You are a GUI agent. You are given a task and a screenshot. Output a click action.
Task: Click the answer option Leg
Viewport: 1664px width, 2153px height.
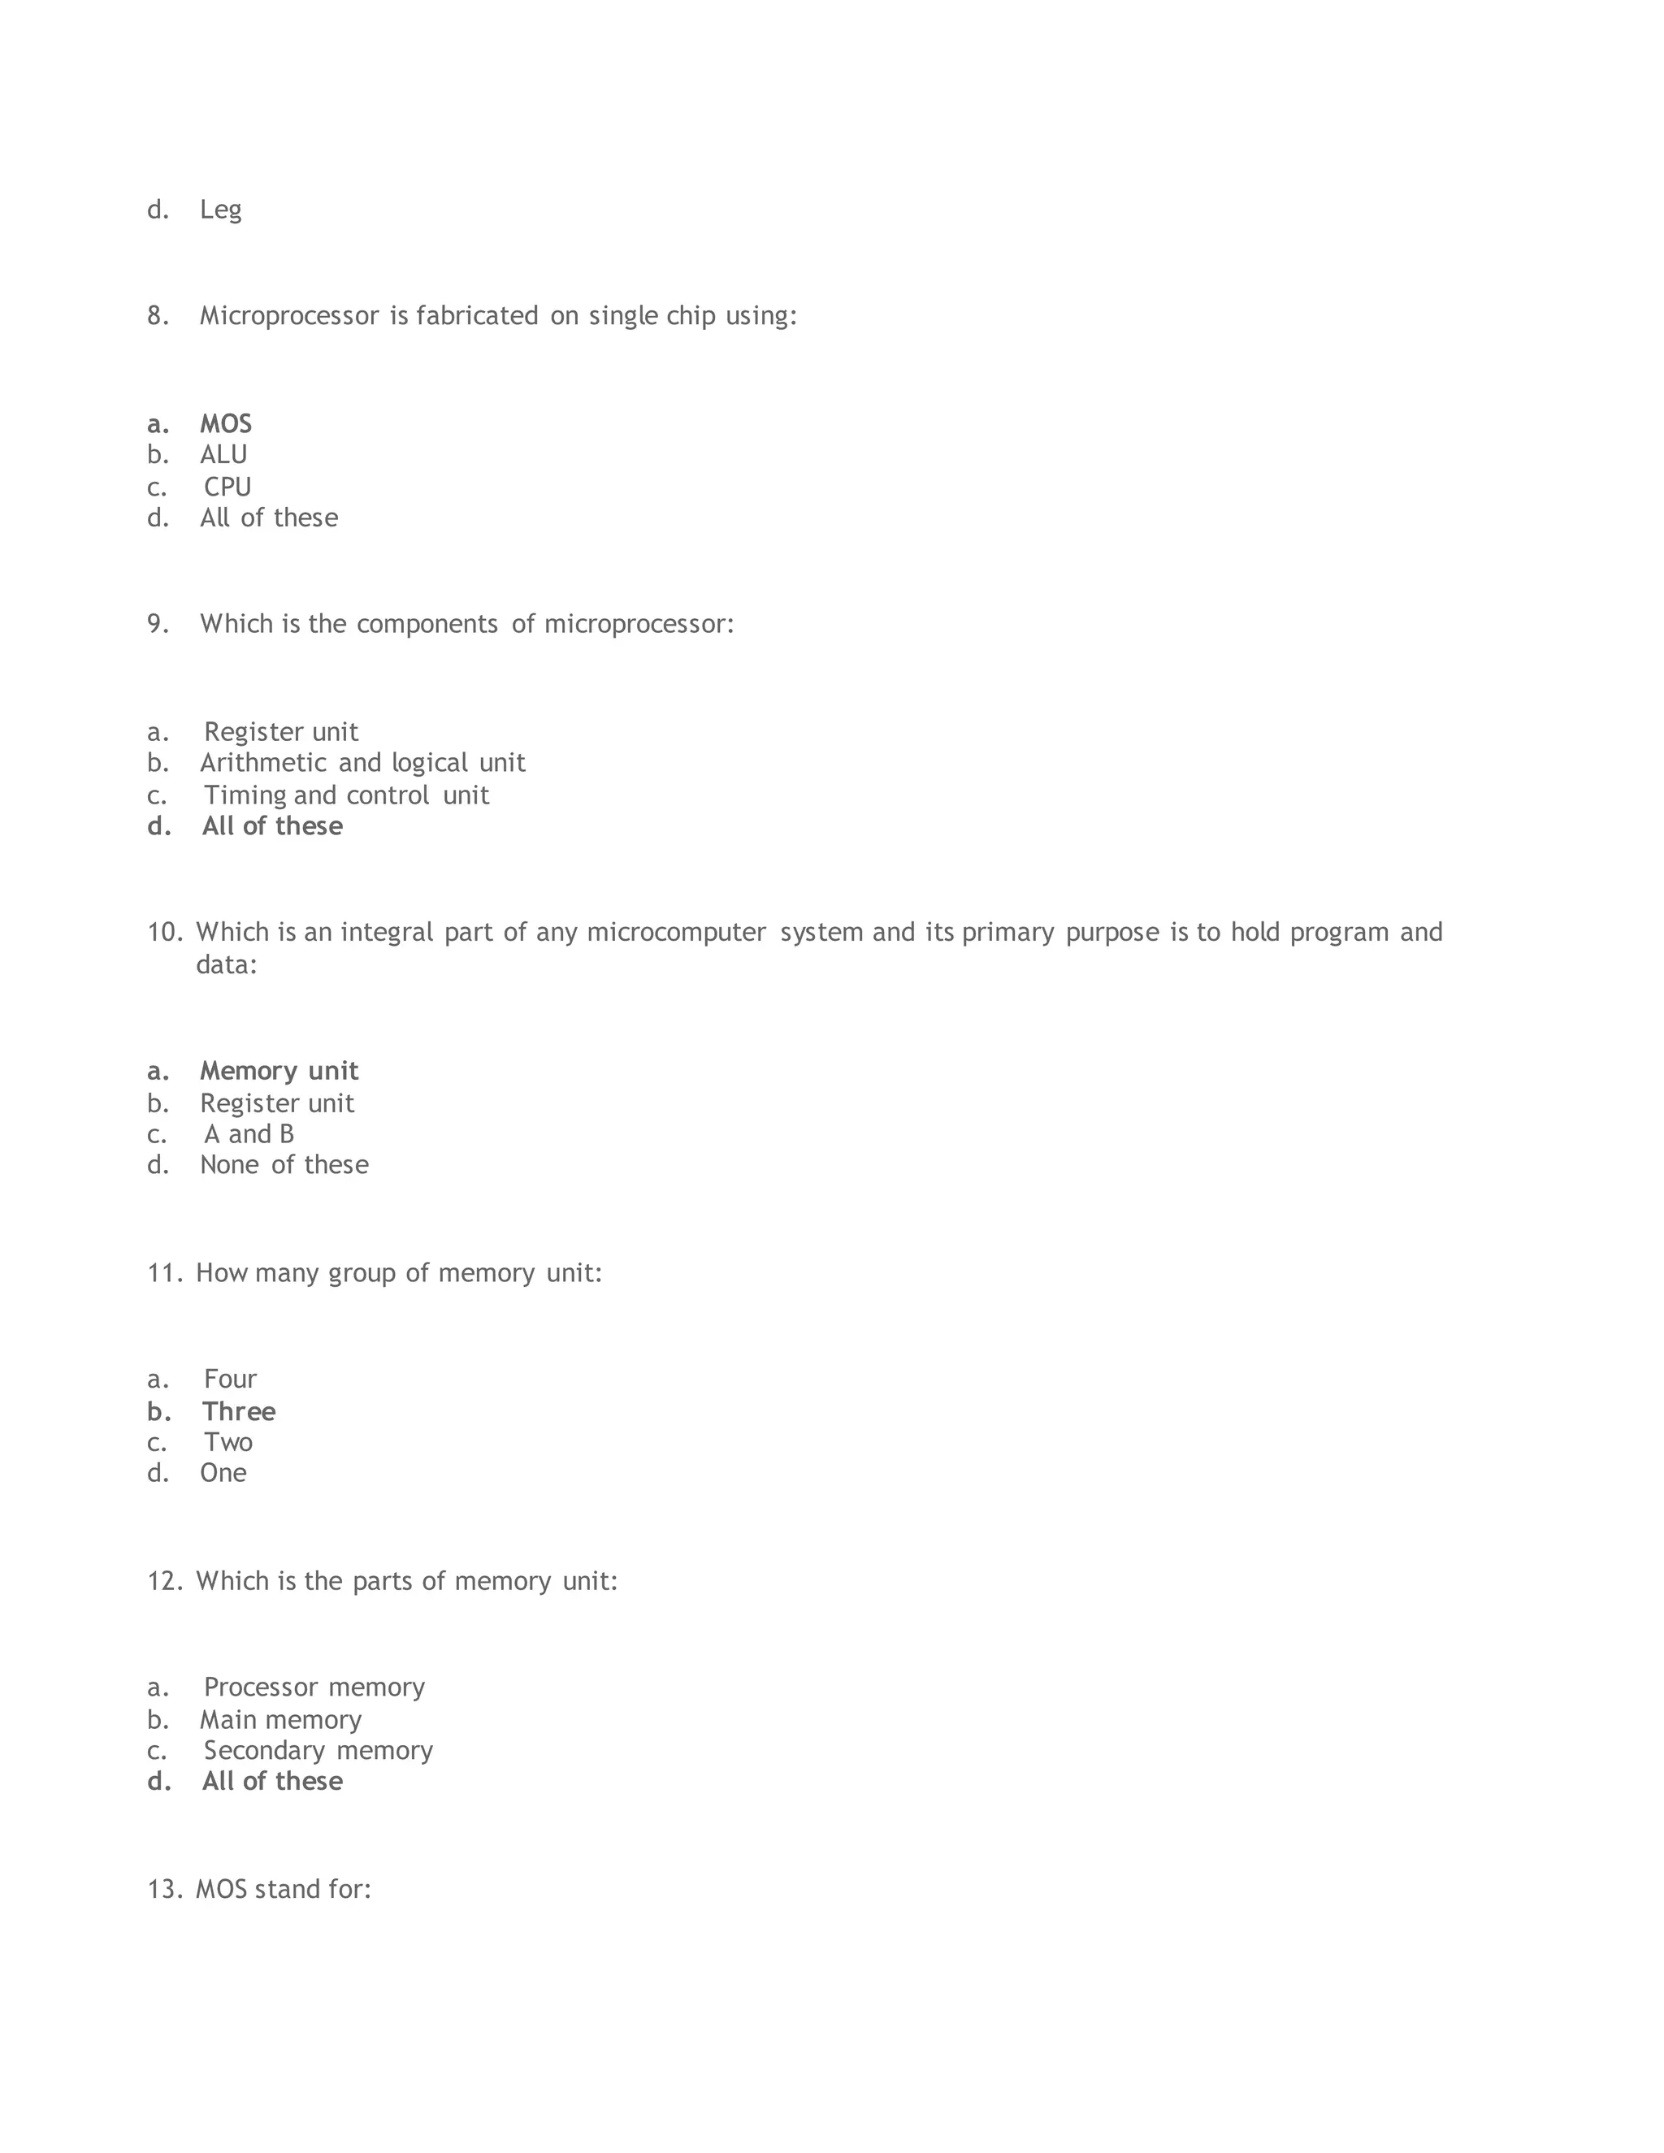[x=220, y=210]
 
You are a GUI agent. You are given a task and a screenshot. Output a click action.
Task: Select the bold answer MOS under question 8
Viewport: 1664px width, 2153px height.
[x=226, y=424]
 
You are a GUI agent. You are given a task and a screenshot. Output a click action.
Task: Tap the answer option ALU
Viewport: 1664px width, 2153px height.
[x=223, y=454]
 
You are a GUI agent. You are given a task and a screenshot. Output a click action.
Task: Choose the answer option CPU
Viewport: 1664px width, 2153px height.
[x=227, y=487]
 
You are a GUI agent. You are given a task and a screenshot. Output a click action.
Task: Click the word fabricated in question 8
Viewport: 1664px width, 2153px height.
[x=477, y=315]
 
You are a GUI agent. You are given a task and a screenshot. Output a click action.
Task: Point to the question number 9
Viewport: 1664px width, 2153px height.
[x=158, y=624]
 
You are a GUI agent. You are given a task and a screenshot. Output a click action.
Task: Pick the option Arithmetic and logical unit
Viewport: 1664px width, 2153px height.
[x=362, y=763]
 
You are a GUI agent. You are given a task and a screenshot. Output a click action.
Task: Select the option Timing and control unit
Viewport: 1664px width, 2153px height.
[x=346, y=795]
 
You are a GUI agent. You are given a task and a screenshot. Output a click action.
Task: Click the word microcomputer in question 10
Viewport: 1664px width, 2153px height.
[x=676, y=933]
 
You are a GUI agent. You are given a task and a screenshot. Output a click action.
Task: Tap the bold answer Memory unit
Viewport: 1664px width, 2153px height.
[x=279, y=1072]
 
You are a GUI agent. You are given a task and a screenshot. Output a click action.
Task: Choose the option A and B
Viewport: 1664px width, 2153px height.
[x=249, y=1135]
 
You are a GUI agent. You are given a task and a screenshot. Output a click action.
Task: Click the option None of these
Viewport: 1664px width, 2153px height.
[x=284, y=1165]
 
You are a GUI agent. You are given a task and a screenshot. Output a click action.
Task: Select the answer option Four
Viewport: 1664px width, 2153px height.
[x=230, y=1380]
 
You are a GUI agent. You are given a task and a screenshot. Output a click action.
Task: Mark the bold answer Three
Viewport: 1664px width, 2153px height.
[x=239, y=1412]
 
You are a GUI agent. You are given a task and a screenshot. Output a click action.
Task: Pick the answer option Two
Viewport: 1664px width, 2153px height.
[x=227, y=1443]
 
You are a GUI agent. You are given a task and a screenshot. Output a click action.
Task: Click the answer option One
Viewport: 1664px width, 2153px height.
[x=223, y=1474]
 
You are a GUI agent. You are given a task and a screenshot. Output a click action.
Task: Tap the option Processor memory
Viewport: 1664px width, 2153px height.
[x=314, y=1687]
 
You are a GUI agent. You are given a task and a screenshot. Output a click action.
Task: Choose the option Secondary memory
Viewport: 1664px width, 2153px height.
[x=318, y=1751]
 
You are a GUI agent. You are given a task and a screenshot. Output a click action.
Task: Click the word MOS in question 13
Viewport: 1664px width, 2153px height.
[x=221, y=1890]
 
